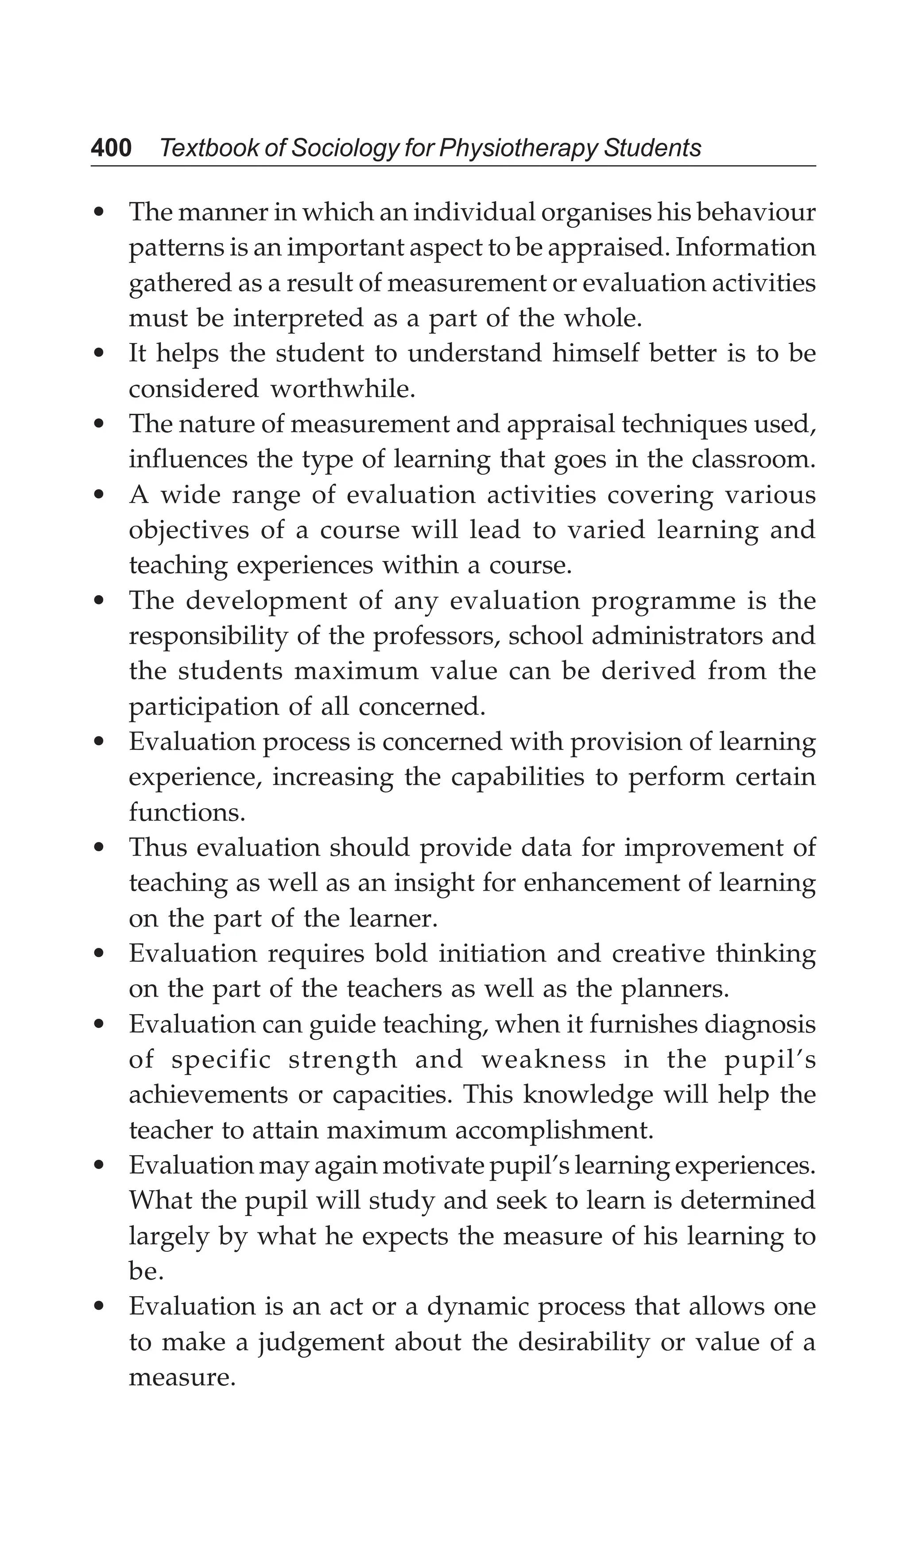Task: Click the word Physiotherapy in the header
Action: pyautogui.click(x=518, y=148)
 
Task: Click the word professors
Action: pyautogui.click(x=436, y=636)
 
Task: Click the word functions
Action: pyautogui.click(x=186, y=813)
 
